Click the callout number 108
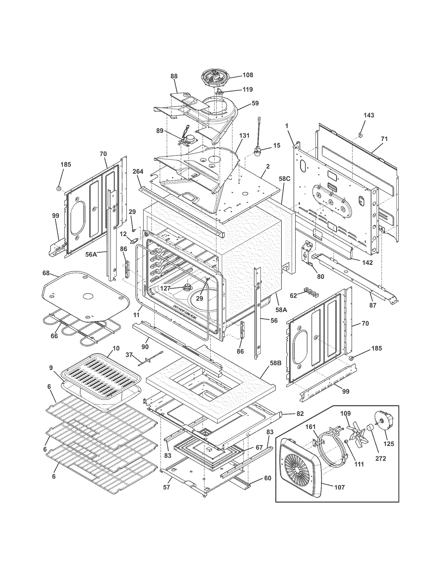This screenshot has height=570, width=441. [x=248, y=75]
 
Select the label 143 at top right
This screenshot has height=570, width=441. [x=369, y=115]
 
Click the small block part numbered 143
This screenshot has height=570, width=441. [x=361, y=135]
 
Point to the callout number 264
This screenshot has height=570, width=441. [x=138, y=172]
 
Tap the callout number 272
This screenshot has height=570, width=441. [x=380, y=458]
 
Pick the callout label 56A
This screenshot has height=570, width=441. [x=91, y=254]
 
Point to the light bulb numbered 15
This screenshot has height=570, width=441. [x=257, y=151]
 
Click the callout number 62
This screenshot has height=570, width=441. [x=293, y=296]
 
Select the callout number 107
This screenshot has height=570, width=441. [x=339, y=487]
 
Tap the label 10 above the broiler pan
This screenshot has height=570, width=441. [x=116, y=348]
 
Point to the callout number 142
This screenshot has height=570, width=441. [x=367, y=263]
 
